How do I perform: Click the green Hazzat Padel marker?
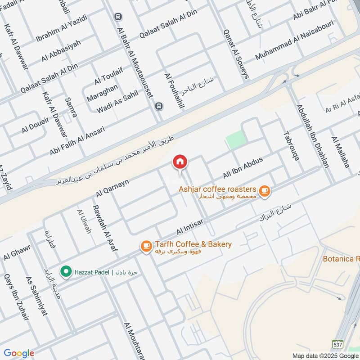66,272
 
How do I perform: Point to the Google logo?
19,354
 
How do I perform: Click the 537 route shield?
338,344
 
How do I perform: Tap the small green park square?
236,140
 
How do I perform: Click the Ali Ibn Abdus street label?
243,167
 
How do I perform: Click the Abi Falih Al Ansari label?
77,141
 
